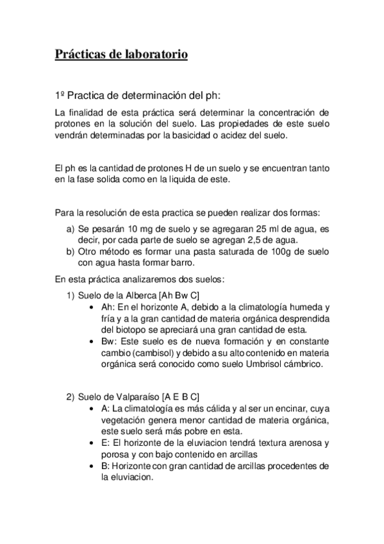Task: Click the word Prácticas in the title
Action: click(x=80, y=55)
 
